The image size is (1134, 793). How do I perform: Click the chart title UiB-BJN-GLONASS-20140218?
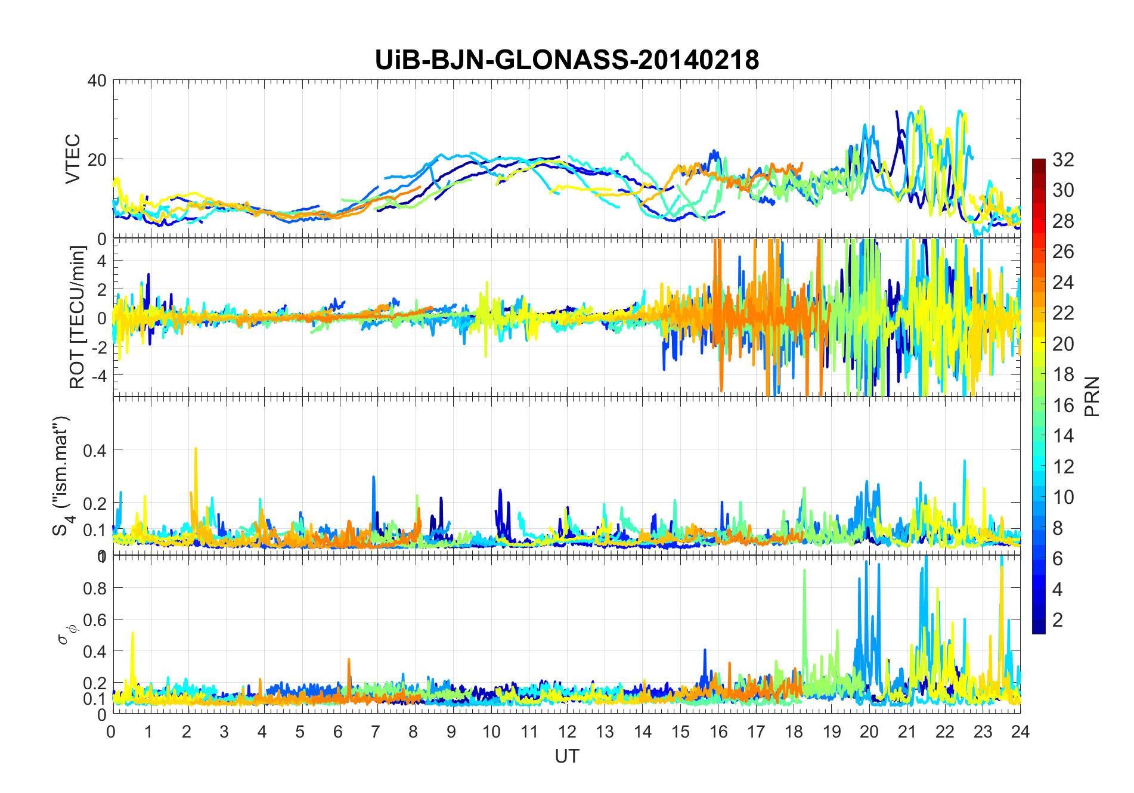[x=567, y=60]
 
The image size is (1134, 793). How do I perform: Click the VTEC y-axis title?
[x=73, y=159]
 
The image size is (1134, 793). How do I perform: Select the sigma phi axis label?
[x=63, y=634]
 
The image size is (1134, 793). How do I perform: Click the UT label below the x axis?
[x=566, y=756]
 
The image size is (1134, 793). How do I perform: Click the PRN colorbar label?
[x=1092, y=396]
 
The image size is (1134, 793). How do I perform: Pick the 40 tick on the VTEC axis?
[x=97, y=80]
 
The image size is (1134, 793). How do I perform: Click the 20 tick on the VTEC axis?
[x=97, y=160]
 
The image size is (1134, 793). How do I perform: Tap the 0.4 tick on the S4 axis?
[x=94, y=451]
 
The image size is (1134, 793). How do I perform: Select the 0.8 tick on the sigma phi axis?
[x=94, y=588]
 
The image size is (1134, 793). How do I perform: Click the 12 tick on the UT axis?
[x=567, y=732]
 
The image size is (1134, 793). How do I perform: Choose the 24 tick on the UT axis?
[x=1020, y=732]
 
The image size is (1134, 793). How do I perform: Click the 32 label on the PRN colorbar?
[x=1063, y=160]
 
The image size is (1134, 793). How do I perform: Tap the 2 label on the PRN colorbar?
[x=1058, y=620]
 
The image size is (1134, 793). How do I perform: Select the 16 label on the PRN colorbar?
[x=1063, y=405]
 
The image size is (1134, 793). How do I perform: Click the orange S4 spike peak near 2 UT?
[x=196, y=449]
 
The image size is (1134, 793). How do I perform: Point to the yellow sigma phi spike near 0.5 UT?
[x=132, y=634]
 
